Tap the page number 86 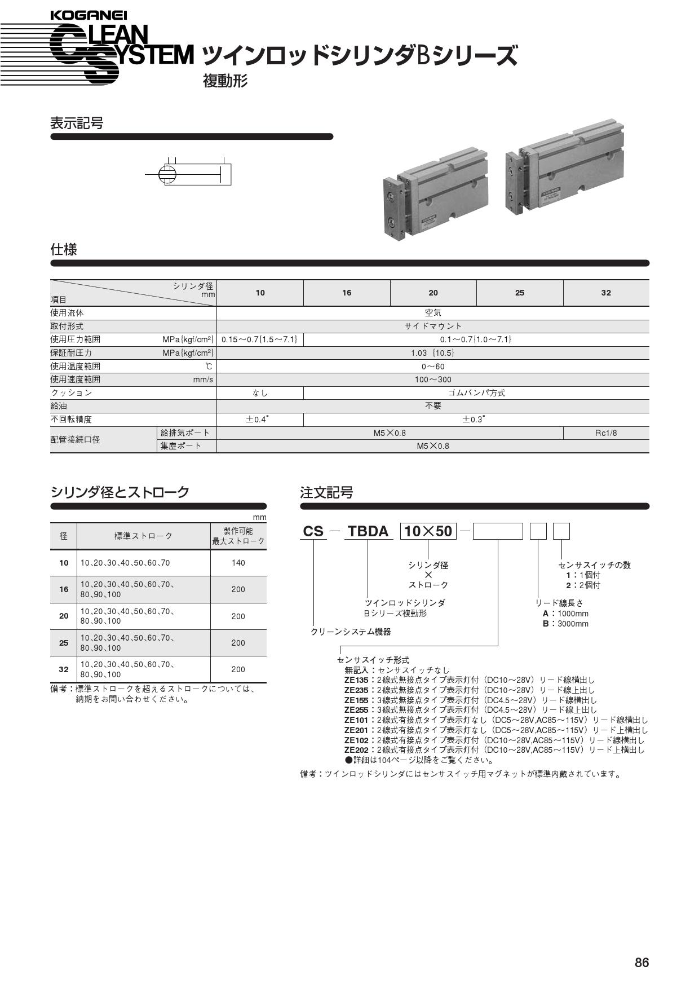coord(642,963)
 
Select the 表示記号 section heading coord(77,123)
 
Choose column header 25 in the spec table coord(519,293)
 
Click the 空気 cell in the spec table coord(432,313)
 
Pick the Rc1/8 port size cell coord(605,433)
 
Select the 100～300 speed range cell coord(432,380)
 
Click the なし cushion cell coord(260,393)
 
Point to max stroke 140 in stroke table coord(238,563)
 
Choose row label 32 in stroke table coord(64,669)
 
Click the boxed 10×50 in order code coord(428,531)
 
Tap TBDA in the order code coord(368,531)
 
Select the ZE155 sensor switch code coord(356,700)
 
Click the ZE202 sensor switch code coord(356,750)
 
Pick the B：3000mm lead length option coord(565,624)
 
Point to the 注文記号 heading coord(326,493)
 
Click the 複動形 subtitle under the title coord(225,81)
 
